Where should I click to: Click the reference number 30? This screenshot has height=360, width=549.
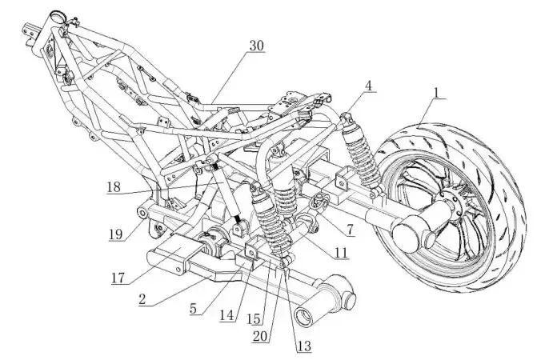[x=256, y=46]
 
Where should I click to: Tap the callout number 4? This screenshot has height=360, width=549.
[x=369, y=85]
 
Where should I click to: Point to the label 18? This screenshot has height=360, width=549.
[x=114, y=188]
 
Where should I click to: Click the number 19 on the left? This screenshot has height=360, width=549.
[x=117, y=234]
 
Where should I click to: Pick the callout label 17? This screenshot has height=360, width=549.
[x=119, y=278]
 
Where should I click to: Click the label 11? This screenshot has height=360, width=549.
[x=341, y=252]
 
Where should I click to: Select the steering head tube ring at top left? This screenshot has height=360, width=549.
[x=58, y=15]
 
